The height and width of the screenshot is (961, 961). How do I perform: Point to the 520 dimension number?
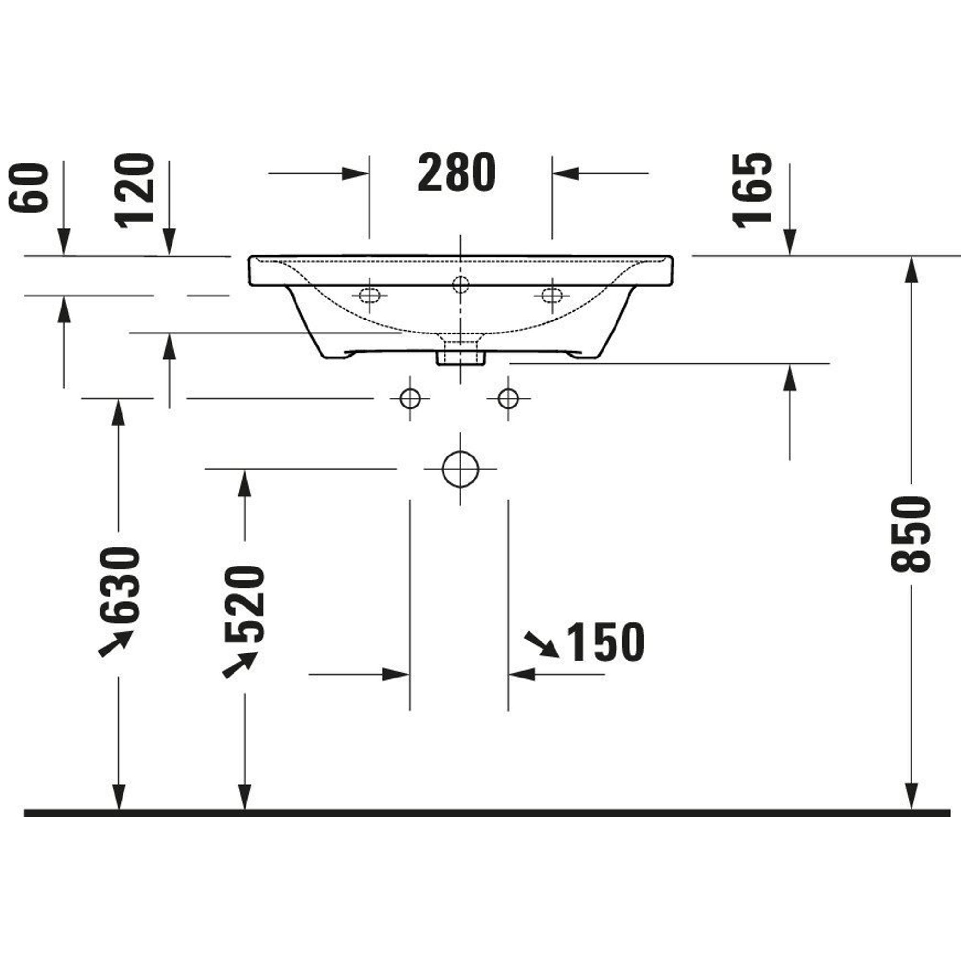pyautogui.click(x=244, y=604)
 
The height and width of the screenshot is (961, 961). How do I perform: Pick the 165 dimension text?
pyautogui.click(x=752, y=190)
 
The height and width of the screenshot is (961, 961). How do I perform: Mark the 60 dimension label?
pyautogui.click(x=29, y=187)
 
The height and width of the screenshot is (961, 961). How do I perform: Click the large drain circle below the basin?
pyautogui.click(x=460, y=469)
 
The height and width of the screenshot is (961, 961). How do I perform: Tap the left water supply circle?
pyautogui.click(x=410, y=398)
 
